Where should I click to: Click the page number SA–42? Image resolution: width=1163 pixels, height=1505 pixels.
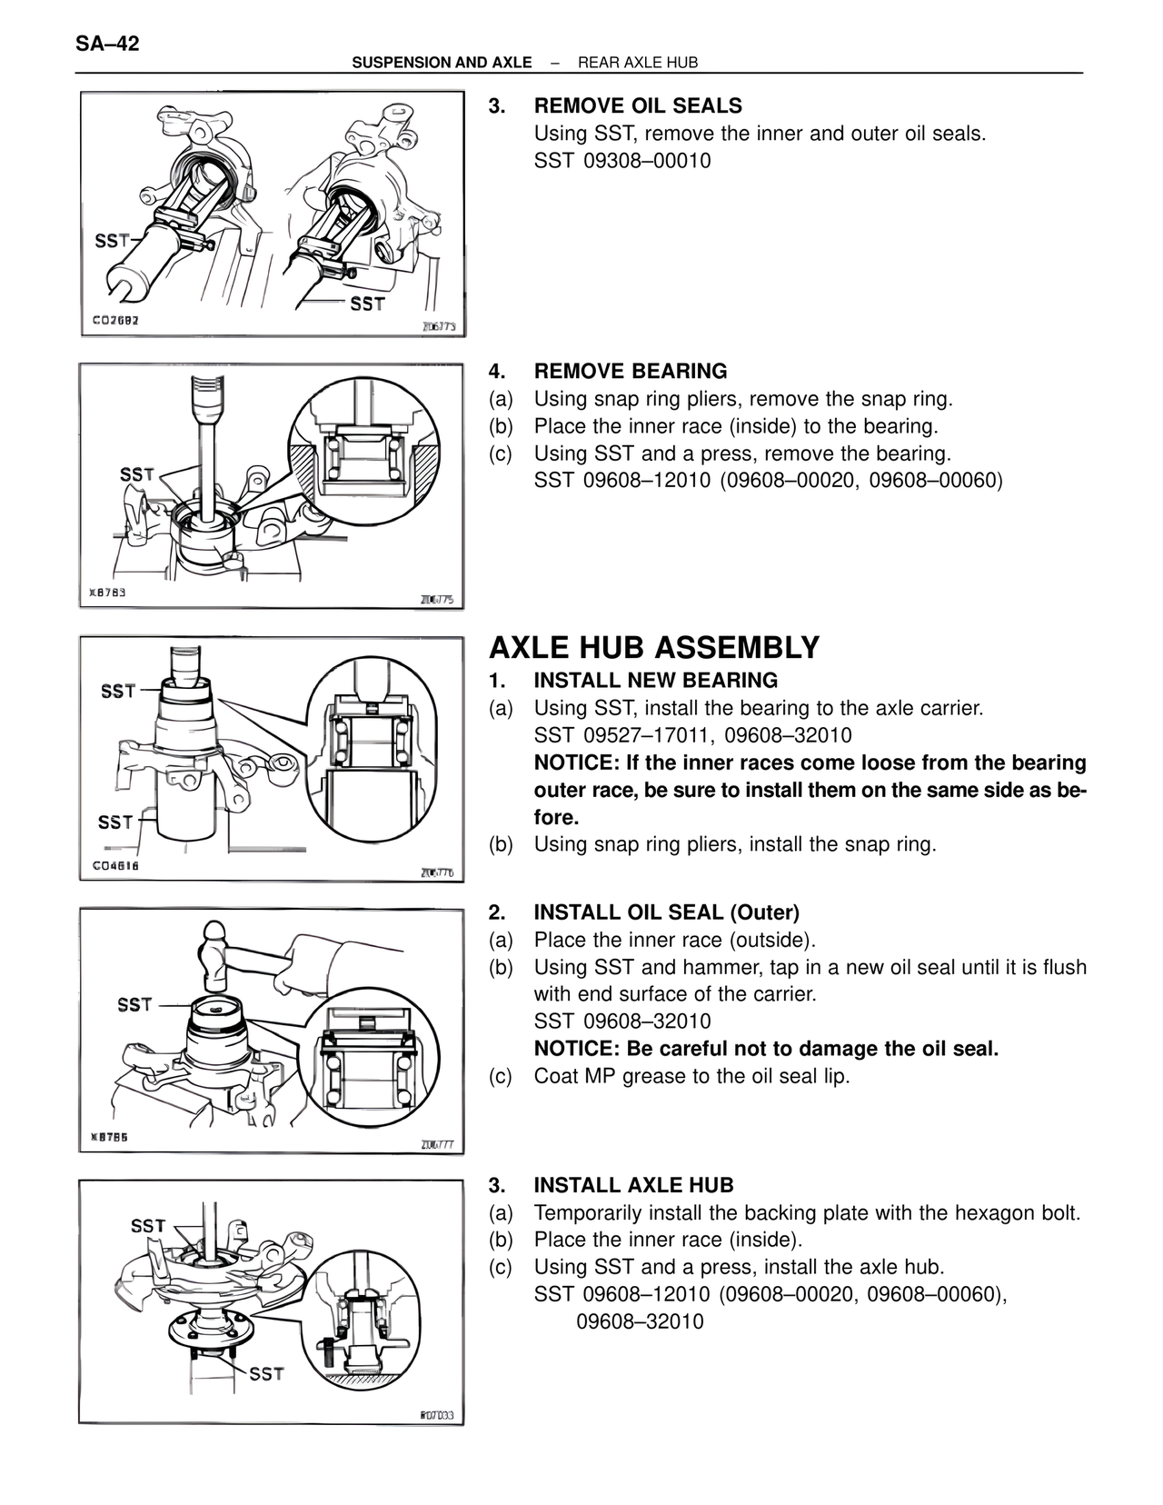point(108,43)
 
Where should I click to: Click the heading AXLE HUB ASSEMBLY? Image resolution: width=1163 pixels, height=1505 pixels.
point(653,648)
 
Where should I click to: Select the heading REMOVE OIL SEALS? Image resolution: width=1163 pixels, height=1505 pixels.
point(637,105)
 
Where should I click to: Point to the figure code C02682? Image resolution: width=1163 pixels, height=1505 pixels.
point(115,321)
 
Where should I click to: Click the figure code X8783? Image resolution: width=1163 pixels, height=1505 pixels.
point(107,593)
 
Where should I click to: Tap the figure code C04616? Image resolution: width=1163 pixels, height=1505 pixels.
point(115,866)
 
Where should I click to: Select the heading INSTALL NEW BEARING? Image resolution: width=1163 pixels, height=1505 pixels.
point(655,681)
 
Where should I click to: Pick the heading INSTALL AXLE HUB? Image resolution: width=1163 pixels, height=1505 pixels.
point(633,1185)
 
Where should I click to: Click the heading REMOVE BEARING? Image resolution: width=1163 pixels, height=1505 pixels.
point(630,371)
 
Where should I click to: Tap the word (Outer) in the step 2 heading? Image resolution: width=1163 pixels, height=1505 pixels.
point(758,912)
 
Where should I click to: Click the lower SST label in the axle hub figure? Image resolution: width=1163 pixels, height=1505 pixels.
point(265,1373)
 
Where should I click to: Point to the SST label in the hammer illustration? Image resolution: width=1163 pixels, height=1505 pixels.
point(134,1004)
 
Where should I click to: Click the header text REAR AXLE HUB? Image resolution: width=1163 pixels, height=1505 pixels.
point(638,63)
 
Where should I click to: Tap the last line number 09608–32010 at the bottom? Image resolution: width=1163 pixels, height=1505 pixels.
point(640,1321)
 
